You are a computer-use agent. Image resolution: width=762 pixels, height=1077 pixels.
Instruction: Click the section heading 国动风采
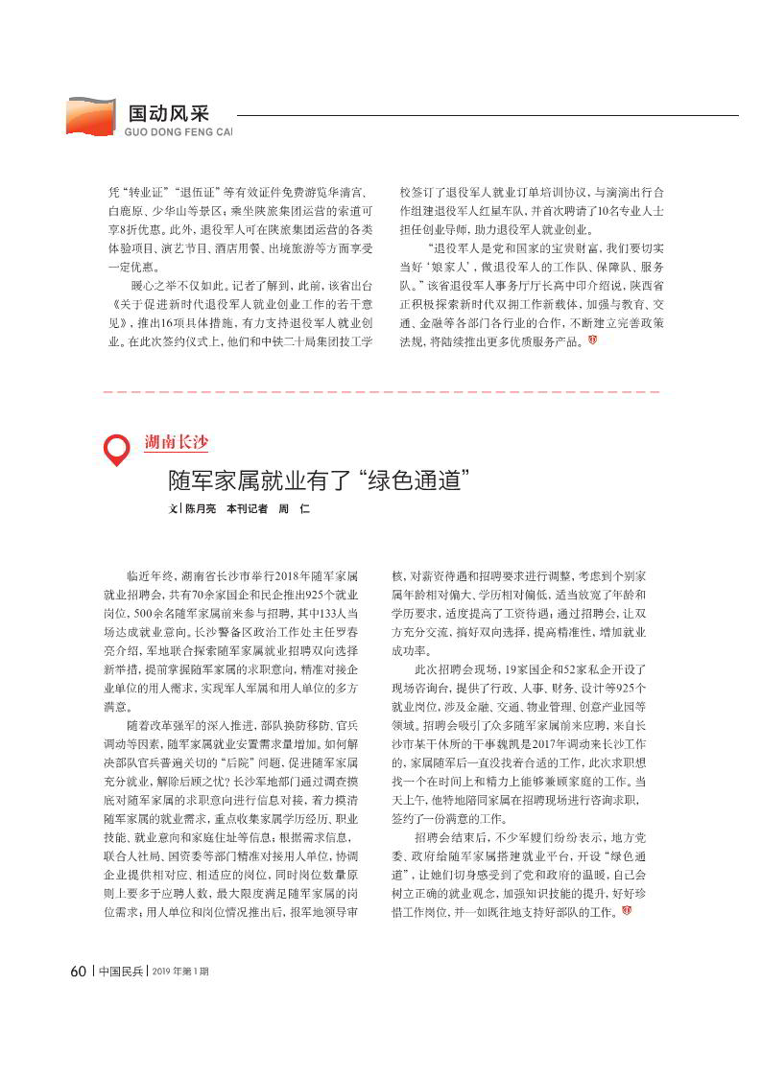click(x=168, y=112)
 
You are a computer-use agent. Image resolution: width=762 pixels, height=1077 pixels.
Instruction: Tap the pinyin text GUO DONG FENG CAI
click(x=179, y=131)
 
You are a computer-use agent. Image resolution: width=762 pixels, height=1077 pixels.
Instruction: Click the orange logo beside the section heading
click(x=89, y=116)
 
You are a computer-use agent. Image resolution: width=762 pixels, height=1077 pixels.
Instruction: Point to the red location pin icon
click(x=115, y=450)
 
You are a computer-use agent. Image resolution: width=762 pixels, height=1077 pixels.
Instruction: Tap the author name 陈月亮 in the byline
click(x=201, y=509)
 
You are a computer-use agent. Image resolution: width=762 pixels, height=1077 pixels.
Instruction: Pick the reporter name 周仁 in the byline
click(x=294, y=509)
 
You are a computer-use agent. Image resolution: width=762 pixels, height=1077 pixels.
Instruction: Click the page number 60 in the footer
click(x=79, y=971)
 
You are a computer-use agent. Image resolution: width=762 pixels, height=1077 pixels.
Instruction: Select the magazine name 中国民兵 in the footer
click(x=121, y=971)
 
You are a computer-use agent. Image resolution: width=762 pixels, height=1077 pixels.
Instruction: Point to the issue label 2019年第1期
click(x=180, y=971)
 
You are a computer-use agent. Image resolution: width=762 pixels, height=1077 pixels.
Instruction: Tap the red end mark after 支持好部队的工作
click(x=626, y=909)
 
